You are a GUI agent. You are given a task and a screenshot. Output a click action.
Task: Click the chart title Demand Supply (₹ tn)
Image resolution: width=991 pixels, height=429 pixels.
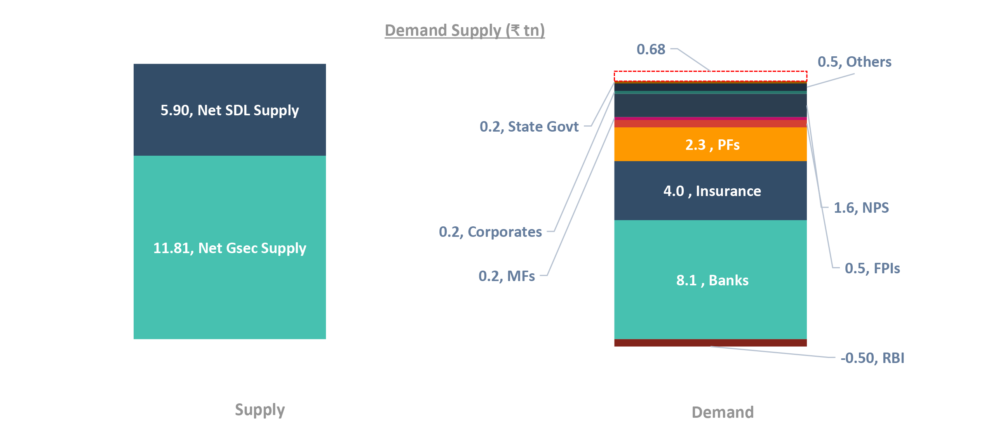click(465, 30)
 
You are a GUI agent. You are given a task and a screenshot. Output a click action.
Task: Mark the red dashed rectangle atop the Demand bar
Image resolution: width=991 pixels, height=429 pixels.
click(710, 76)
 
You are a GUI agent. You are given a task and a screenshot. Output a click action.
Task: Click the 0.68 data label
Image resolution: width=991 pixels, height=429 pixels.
click(651, 49)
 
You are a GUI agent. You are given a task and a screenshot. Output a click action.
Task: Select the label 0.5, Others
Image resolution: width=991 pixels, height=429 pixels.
click(854, 62)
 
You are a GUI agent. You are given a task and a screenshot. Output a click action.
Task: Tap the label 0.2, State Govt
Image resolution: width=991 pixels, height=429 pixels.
click(529, 127)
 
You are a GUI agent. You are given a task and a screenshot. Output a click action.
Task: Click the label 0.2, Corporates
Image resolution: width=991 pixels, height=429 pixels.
click(490, 232)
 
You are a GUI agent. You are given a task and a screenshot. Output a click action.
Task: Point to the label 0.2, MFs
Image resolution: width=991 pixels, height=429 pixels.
click(506, 276)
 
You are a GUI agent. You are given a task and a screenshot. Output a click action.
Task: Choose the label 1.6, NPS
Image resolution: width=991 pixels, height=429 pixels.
click(861, 208)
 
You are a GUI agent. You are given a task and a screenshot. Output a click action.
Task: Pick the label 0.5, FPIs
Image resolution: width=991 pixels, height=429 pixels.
click(872, 268)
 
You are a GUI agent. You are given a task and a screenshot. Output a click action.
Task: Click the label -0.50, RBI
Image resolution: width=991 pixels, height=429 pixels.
click(872, 358)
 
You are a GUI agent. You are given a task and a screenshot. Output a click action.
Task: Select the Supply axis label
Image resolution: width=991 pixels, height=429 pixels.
click(260, 410)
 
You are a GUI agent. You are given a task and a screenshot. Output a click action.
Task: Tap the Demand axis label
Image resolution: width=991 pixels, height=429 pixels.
click(723, 412)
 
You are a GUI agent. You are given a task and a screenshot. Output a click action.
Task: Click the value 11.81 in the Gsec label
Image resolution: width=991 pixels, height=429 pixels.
click(171, 248)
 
